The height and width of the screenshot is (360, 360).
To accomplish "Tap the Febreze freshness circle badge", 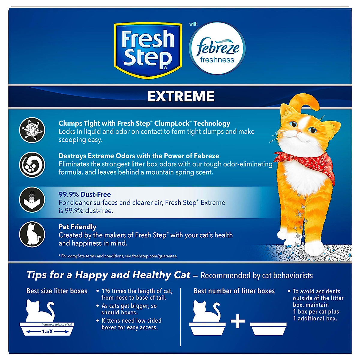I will pyautogui.click(x=217, y=50).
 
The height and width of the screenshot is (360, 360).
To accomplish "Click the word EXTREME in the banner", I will pyautogui.click(x=181, y=97).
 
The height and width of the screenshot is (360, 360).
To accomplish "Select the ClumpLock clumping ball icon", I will pyautogui.click(x=32, y=130).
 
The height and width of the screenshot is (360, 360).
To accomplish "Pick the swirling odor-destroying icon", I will pyautogui.click(x=32, y=165).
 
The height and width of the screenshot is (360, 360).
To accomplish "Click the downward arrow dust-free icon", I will pyautogui.click(x=32, y=199).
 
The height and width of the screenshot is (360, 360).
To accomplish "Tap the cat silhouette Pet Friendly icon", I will pyautogui.click(x=32, y=234).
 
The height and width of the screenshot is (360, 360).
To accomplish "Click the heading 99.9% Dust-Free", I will pyautogui.click(x=85, y=194).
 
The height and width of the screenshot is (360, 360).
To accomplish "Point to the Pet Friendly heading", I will pyautogui.click(x=77, y=227).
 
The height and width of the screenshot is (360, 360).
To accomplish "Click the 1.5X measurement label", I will pyautogui.click(x=47, y=331).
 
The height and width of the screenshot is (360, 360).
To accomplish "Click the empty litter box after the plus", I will pyautogui.click(x=268, y=328).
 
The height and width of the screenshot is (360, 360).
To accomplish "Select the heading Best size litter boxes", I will pyautogui.click(x=57, y=291).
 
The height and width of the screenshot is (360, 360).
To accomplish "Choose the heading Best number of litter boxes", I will pyautogui.click(x=234, y=291).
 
